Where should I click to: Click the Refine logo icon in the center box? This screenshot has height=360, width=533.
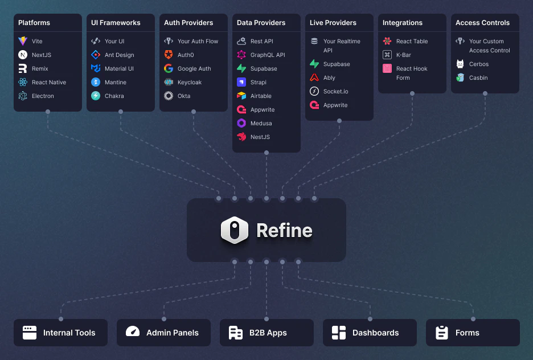click(x=235, y=230)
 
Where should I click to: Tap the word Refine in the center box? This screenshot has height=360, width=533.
click(x=284, y=230)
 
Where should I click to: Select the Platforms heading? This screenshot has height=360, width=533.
click(x=34, y=23)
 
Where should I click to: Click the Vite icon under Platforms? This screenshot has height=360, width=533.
click(x=23, y=41)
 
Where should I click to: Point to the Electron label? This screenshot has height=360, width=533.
click(x=43, y=96)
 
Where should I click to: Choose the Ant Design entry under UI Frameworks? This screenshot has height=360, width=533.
click(x=119, y=55)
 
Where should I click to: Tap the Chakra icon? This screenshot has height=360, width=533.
click(x=96, y=96)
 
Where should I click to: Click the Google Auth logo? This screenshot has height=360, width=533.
click(x=169, y=68)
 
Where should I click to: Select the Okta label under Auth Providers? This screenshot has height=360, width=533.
click(x=184, y=96)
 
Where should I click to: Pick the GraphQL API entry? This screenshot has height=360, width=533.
click(x=268, y=55)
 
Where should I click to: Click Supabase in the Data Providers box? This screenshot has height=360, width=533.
click(x=264, y=68)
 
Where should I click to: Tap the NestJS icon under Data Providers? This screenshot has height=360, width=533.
click(x=241, y=137)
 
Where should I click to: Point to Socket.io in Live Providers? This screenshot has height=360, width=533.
click(x=336, y=91)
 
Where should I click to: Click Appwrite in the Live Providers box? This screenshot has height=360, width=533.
click(x=335, y=105)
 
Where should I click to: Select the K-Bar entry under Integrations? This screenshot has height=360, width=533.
click(x=403, y=55)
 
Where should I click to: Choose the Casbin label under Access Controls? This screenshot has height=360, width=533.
click(x=478, y=77)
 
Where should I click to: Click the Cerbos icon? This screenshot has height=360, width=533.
click(x=460, y=64)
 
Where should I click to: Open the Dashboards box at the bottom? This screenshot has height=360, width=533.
click(x=370, y=333)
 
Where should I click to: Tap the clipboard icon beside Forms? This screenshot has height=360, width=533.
click(x=442, y=333)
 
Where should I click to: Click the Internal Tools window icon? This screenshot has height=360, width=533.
click(x=30, y=333)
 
